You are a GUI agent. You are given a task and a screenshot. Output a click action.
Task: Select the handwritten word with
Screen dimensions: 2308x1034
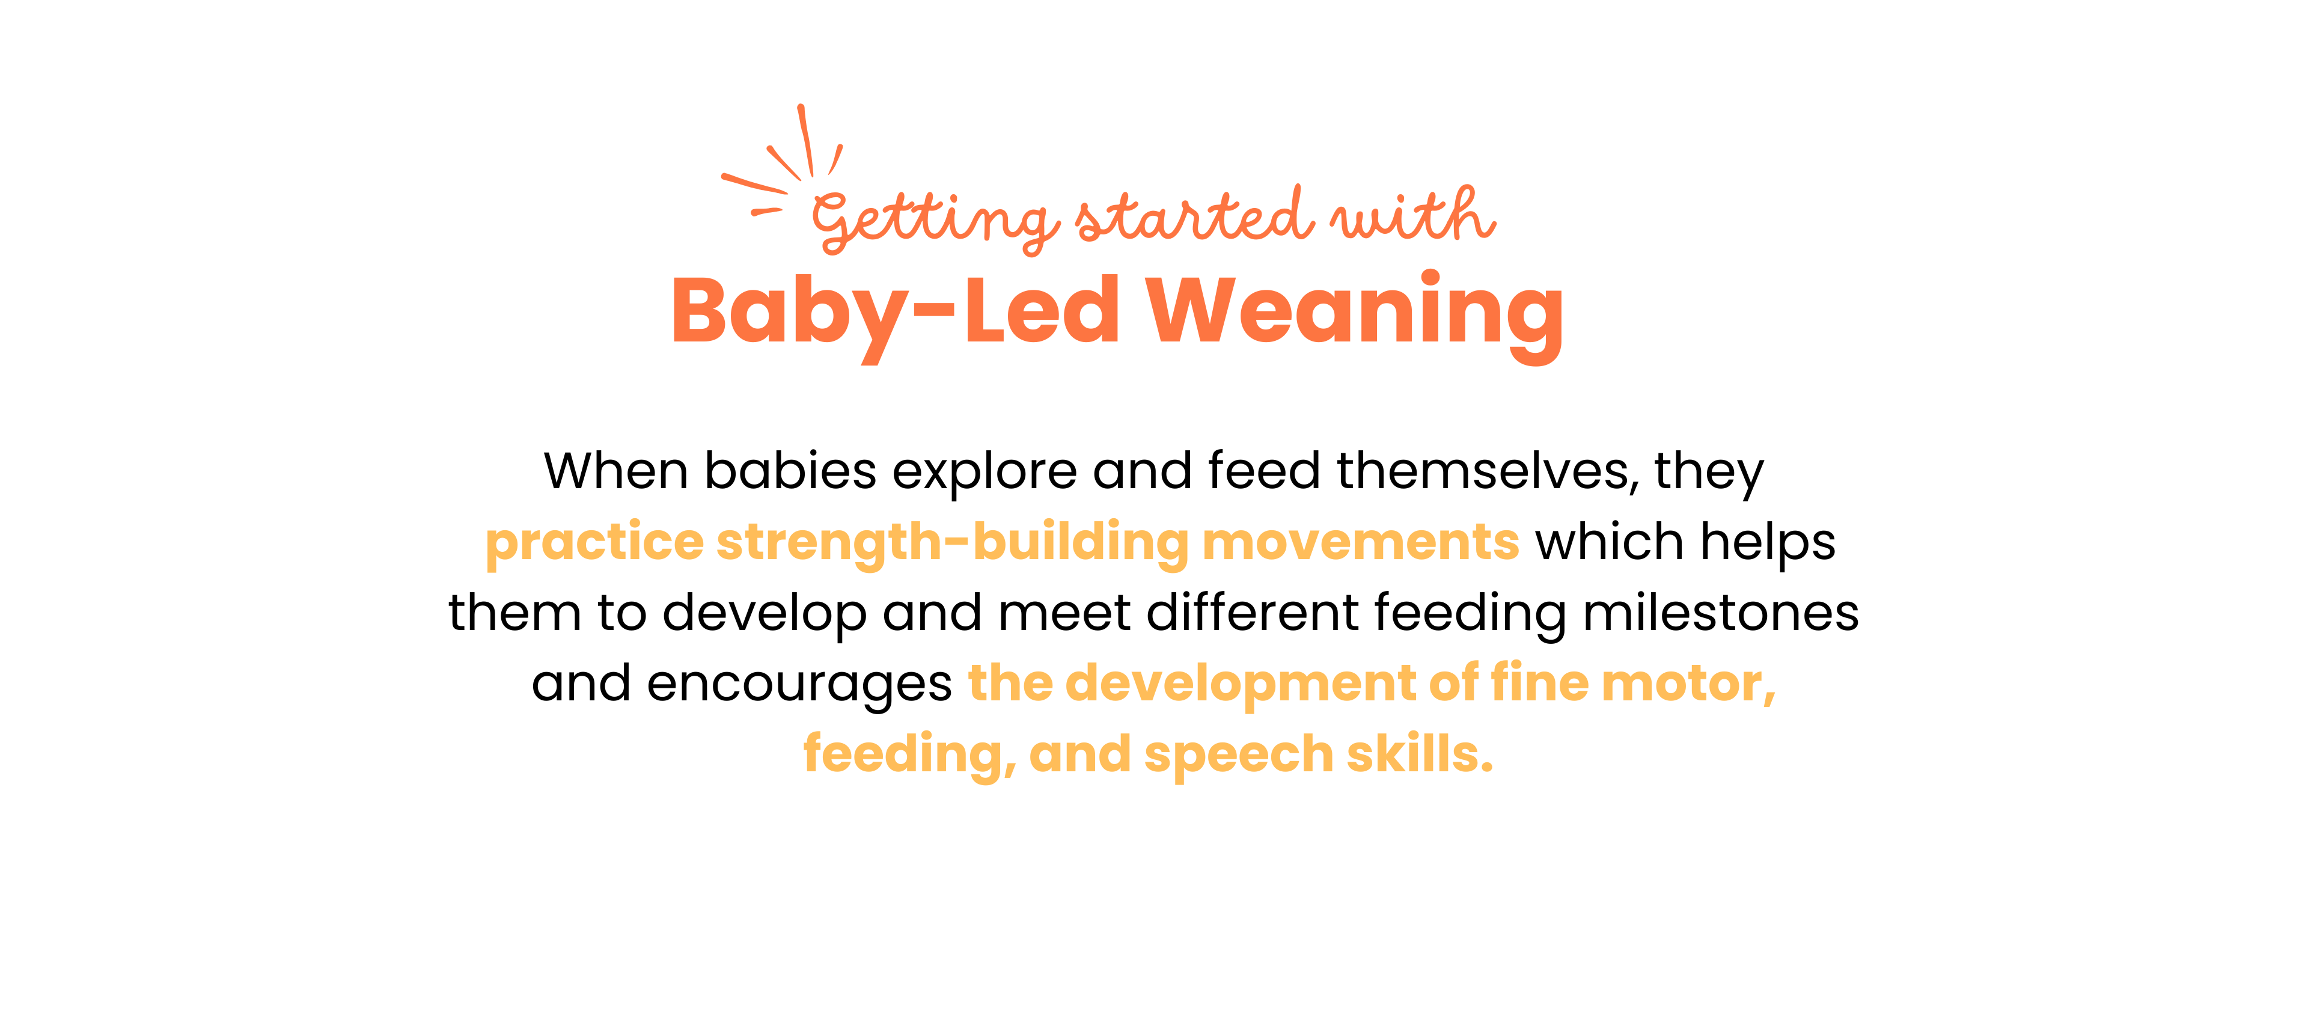point(1413,215)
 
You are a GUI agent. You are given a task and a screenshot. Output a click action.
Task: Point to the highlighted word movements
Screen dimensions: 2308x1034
point(1360,543)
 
